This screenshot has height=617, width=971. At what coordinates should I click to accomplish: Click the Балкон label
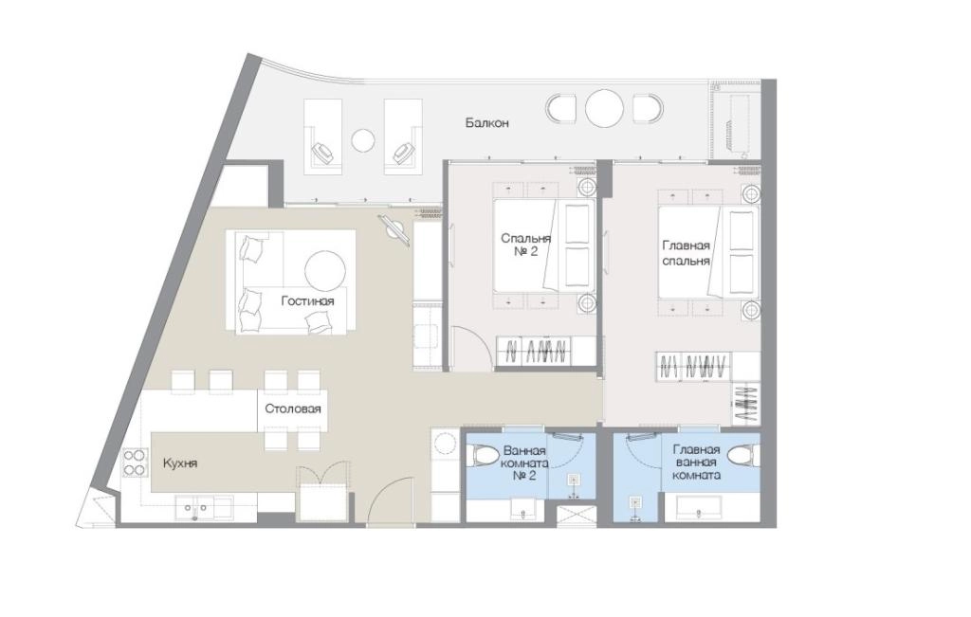coord(486,123)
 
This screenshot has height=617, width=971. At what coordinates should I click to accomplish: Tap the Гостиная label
coord(307,301)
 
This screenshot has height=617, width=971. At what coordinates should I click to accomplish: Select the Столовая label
coord(292,409)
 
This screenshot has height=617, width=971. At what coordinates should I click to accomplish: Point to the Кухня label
coord(179,463)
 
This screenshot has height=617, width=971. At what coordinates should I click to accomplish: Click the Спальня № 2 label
coord(525,245)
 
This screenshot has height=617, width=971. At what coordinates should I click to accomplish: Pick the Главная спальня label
coord(686,253)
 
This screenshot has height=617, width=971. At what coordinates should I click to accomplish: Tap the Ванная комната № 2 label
coord(523,463)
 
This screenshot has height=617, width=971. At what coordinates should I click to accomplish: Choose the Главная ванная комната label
coord(696,463)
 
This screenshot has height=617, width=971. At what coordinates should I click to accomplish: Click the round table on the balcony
coord(604,109)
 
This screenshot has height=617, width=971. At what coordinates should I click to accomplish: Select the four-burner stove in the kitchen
coord(135,463)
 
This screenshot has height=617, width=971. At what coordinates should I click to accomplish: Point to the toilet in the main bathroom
coord(742,457)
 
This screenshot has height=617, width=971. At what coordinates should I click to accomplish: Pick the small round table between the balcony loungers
coord(363,140)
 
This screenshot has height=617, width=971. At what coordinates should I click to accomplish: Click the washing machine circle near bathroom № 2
coord(446,444)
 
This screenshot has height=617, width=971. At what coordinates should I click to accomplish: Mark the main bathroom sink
coord(697,509)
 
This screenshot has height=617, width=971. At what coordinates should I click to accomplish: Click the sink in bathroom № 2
coord(523,511)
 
